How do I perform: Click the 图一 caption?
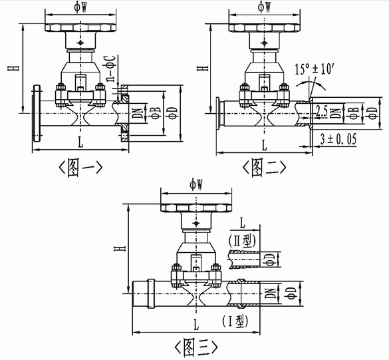coord(80,168)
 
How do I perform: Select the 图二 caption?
coord(264,168)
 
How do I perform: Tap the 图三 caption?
coord(196,346)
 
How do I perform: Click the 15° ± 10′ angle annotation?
coord(314,69)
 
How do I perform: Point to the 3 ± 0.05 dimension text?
coord(338,139)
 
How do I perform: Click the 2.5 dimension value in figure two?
coord(322,113)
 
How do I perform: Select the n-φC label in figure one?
coord(111,69)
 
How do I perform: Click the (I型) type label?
coord(235,321)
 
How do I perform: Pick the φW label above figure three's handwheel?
coord(196,185)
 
